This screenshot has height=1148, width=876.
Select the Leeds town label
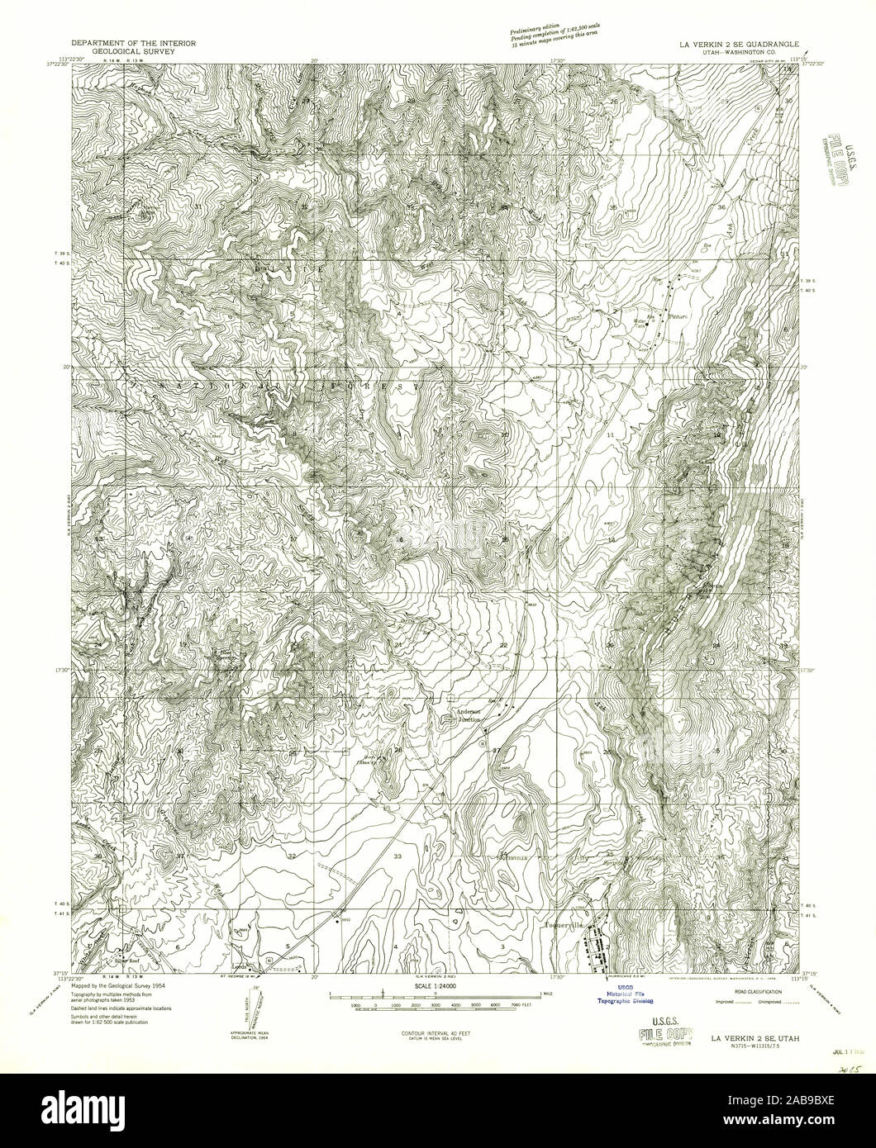tap(241, 964)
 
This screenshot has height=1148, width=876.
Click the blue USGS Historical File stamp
tap(621, 995)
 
